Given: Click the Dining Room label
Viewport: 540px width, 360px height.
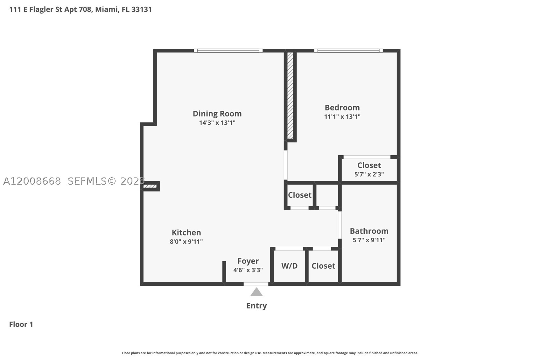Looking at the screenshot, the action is pyautogui.click(x=217, y=113).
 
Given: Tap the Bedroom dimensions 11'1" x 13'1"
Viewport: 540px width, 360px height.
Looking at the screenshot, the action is pyautogui.click(x=342, y=116).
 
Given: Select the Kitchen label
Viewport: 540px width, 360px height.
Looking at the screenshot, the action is pyautogui.click(x=186, y=232).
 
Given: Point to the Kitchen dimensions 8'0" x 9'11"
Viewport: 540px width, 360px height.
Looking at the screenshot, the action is pyautogui.click(x=186, y=241).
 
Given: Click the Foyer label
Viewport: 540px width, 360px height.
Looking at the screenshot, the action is pyautogui.click(x=248, y=261).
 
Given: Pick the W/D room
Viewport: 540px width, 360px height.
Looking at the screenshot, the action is pyautogui.click(x=289, y=266).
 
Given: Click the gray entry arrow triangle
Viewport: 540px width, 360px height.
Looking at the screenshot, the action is pyautogui.click(x=256, y=292).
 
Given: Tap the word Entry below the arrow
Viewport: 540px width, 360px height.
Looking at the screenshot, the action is pyautogui.click(x=256, y=306).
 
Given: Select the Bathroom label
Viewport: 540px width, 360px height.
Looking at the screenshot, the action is pyautogui.click(x=369, y=231).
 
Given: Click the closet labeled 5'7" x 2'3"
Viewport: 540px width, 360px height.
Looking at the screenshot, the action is pyautogui.click(x=369, y=170).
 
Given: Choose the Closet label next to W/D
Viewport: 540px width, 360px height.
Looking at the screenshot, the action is pyautogui.click(x=323, y=266).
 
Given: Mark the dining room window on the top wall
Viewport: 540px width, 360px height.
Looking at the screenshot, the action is pyautogui.click(x=228, y=51).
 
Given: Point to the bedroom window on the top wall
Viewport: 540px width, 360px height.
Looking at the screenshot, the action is pyautogui.click(x=348, y=51).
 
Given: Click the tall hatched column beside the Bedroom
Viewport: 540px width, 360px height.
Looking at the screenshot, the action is pyautogui.click(x=290, y=95).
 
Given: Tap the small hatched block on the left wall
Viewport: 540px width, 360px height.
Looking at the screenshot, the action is pyautogui.click(x=150, y=186).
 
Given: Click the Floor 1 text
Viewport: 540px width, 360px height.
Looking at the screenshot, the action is pyautogui.click(x=21, y=324).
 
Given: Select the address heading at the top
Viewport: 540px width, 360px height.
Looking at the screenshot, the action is pyautogui.click(x=81, y=10).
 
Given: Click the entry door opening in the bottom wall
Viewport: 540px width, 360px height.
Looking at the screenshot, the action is pyautogui.click(x=256, y=284).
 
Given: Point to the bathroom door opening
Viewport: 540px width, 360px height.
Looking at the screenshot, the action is pyautogui.click(x=340, y=225).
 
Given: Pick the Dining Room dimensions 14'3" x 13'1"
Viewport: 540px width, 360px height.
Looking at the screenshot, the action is pyautogui.click(x=217, y=123).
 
